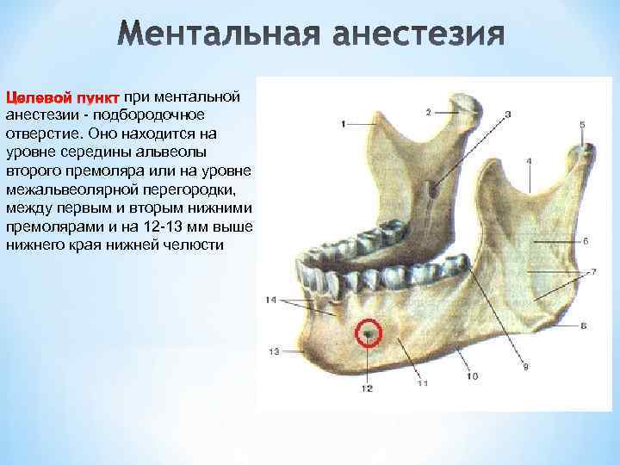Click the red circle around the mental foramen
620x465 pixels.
pos(369,332)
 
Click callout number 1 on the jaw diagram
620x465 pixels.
pos(344,124)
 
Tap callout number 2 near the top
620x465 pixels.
pos(429,112)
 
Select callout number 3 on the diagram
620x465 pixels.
pos(508,114)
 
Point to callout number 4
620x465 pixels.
pos(528,161)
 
